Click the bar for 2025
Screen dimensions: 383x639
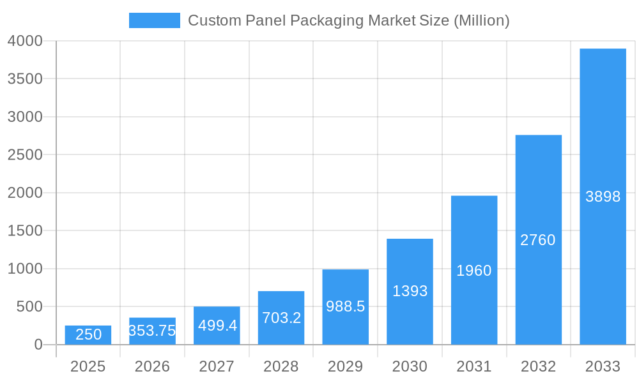coord(88,335)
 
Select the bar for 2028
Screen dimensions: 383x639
coord(281,318)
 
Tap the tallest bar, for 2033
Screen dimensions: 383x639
coord(603,197)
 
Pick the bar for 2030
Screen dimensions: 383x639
coord(410,292)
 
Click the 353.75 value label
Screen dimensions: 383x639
coord(152,331)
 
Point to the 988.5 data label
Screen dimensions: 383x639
coord(345,306)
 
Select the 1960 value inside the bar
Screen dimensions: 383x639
coord(473,271)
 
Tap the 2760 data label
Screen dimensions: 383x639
coord(538,240)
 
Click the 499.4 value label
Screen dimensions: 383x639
coord(217,326)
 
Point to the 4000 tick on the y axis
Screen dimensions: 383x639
coord(25,41)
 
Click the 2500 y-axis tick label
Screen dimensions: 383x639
coord(25,155)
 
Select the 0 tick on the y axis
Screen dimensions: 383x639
coord(38,345)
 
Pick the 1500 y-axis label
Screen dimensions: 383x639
coord(25,231)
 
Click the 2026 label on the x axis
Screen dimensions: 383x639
coord(152,366)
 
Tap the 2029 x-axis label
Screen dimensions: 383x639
coord(345,366)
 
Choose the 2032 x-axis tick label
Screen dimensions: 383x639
coord(538,366)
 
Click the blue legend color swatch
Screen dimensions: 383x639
coord(155,20)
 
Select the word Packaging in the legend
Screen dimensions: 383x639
coord(324,20)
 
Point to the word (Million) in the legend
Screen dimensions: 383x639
coord(481,20)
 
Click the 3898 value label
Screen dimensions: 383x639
coord(603,197)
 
